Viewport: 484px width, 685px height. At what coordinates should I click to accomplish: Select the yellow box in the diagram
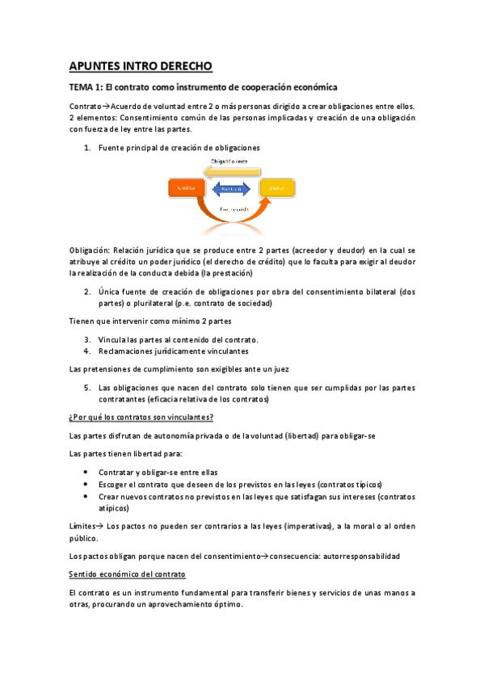tap(276, 188)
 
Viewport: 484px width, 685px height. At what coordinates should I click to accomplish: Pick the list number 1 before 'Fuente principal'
tap(87, 148)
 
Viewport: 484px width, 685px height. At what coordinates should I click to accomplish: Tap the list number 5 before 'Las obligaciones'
tap(87, 388)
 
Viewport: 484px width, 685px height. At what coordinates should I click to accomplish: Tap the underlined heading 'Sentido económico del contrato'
tap(128, 574)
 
